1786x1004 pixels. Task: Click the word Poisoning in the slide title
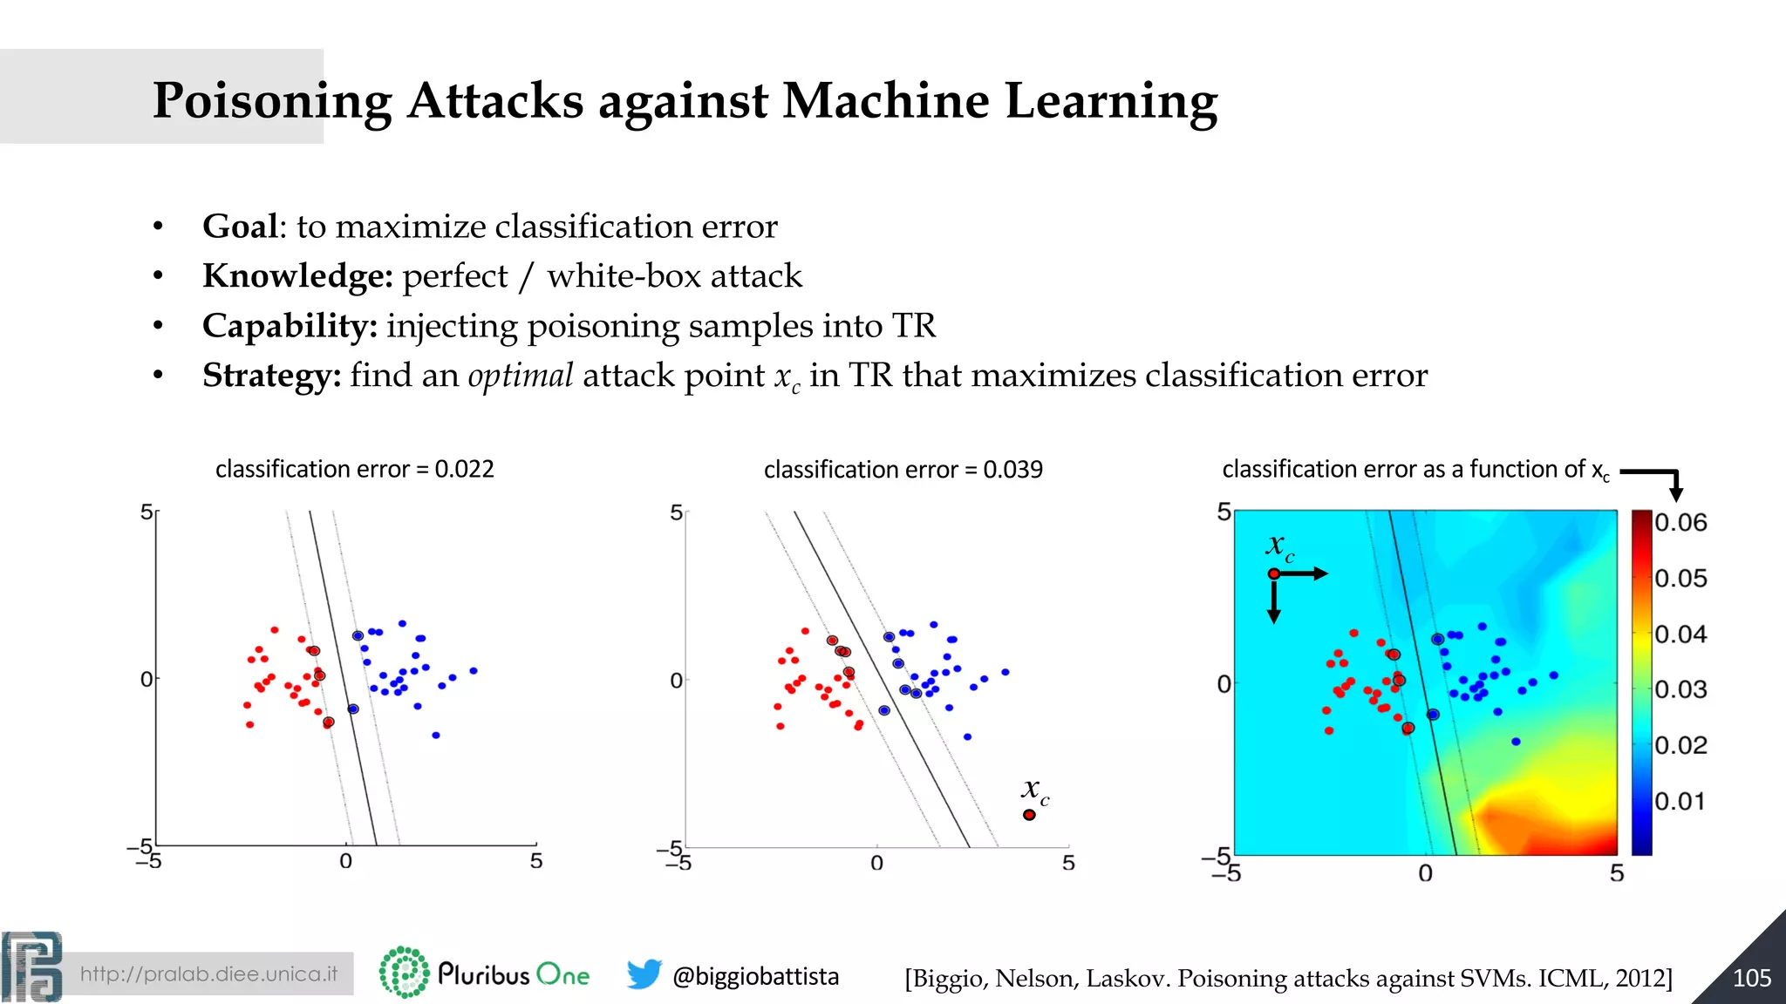272,101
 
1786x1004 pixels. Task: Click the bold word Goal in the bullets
240,227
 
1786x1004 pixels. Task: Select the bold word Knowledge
297,276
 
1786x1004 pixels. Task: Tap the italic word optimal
520,376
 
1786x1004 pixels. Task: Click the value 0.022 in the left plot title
464,469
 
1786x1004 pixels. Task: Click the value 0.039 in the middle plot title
1012,470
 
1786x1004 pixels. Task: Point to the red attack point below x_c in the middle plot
1029,815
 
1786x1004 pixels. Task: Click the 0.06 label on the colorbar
1680,523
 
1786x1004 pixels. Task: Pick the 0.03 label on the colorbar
1680,689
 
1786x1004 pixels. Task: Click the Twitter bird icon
644,974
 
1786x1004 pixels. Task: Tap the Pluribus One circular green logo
404,973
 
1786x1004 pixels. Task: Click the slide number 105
1751,978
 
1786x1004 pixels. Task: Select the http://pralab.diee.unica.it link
208,973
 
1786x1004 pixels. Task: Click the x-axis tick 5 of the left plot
536,861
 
